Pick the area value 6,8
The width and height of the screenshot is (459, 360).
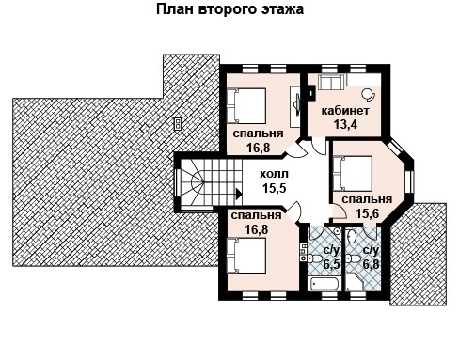click(x=371, y=265)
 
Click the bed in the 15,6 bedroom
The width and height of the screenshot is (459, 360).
click(x=353, y=173)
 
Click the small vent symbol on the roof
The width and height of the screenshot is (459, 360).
click(x=178, y=121)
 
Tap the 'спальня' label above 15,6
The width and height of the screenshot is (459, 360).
click(x=367, y=199)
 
